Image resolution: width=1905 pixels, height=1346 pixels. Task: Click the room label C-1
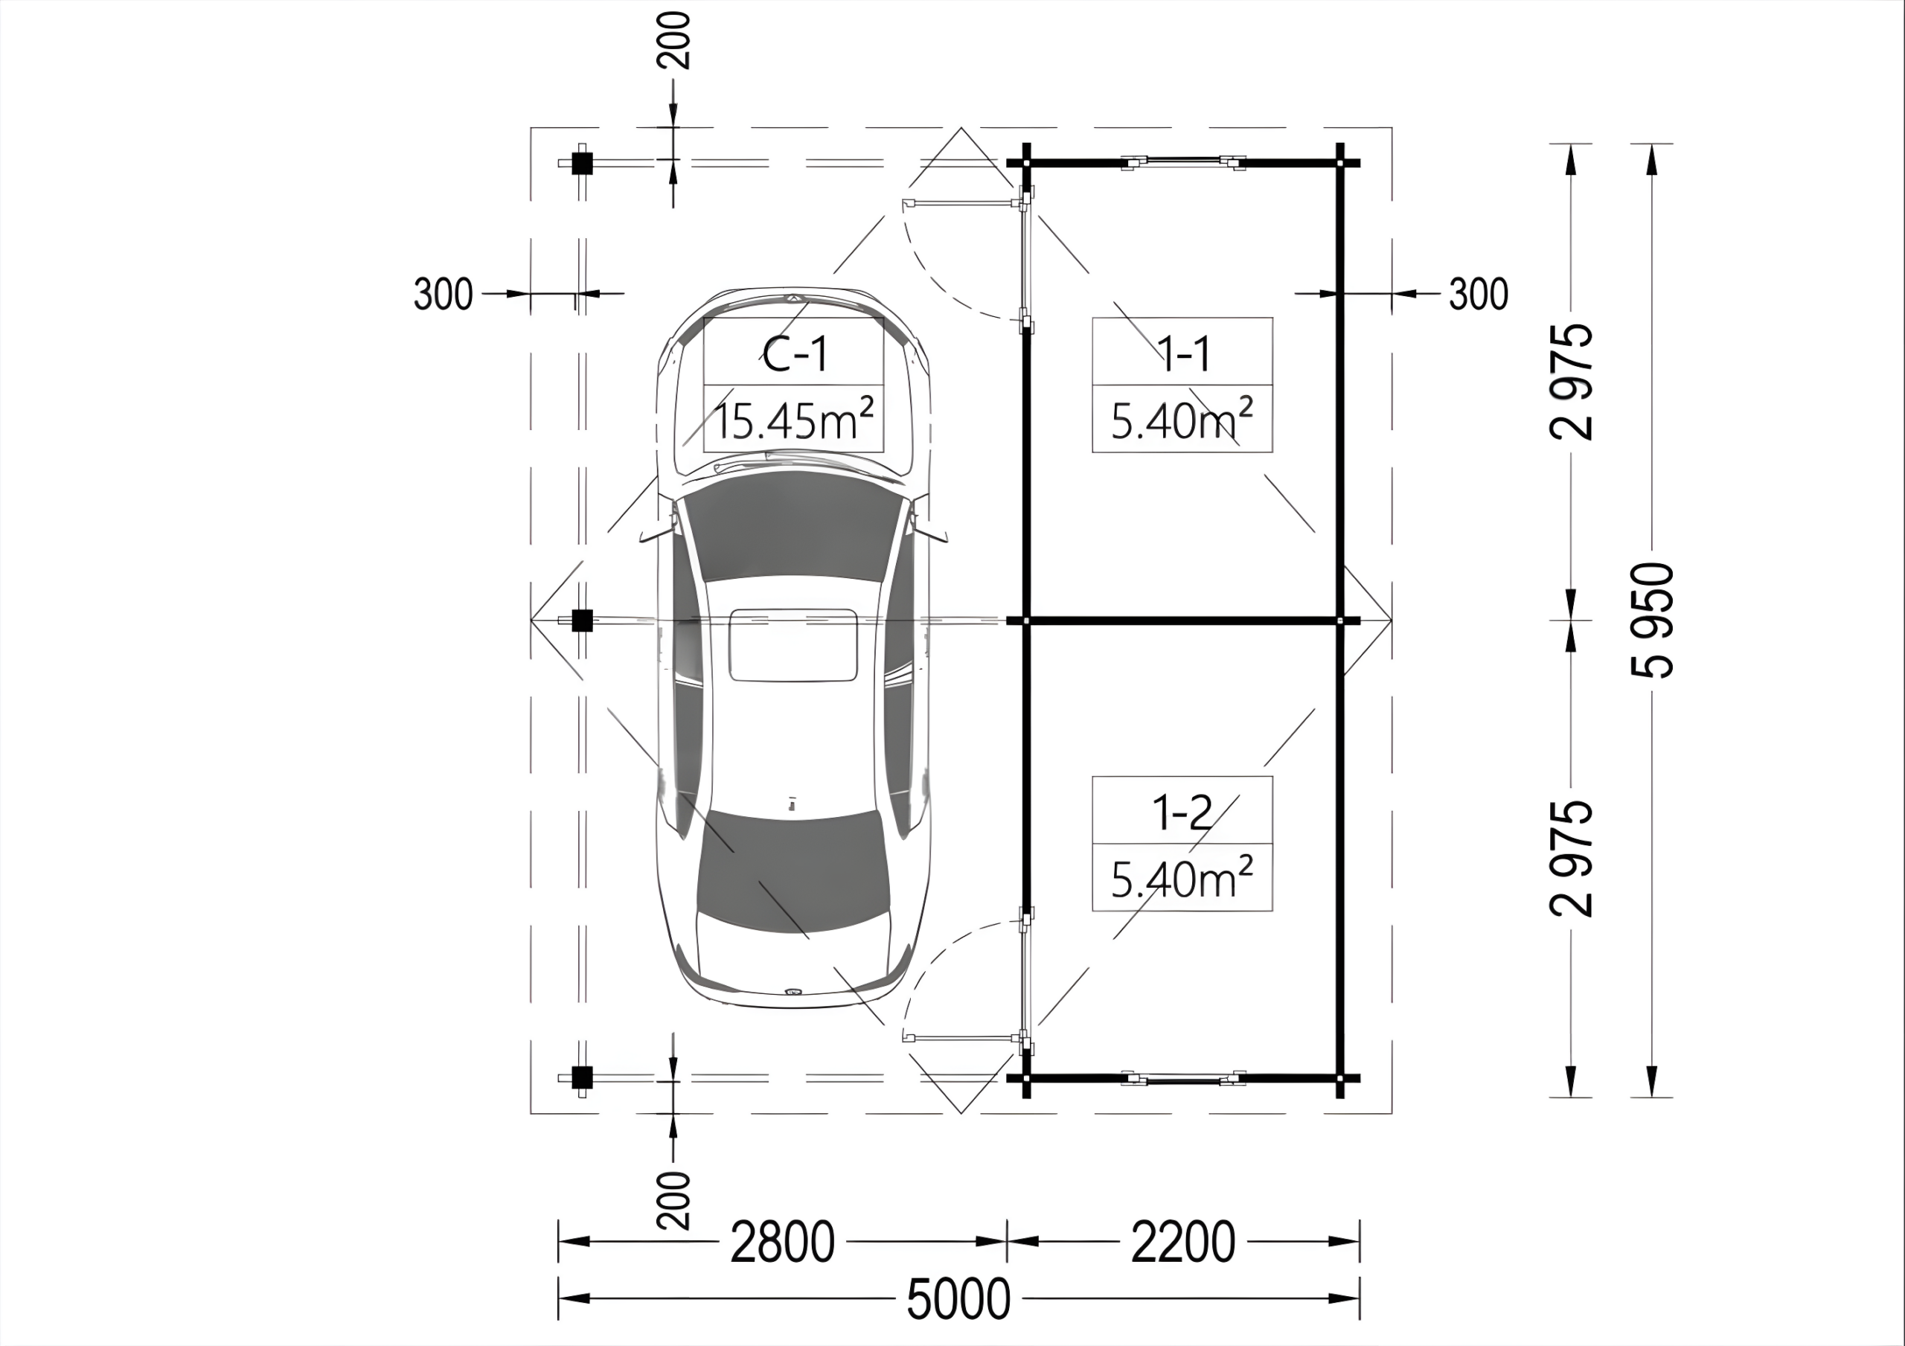coord(795,354)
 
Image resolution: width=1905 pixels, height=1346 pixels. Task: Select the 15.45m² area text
coord(793,420)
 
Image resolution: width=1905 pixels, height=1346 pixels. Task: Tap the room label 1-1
coord(1184,354)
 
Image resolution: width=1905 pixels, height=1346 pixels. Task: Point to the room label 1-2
coord(1183,813)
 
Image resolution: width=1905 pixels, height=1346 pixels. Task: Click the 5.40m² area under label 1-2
coord(1182,879)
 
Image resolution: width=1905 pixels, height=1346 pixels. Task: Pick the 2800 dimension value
coord(782,1243)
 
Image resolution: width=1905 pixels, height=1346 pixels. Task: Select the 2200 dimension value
coord(1183,1243)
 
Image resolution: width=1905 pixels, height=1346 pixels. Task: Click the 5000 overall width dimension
coord(958,1298)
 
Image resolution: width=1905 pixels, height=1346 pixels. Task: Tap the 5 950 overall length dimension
coord(1652,620)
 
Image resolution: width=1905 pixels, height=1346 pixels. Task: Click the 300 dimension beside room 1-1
coord(1479,294)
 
